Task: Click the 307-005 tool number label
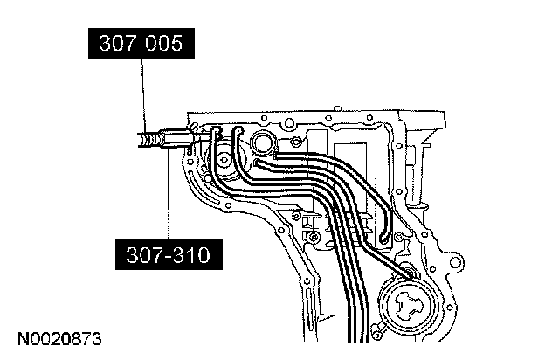(x=140, y=44)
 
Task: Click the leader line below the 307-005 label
(x=141, y=96)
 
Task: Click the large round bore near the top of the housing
(x=262, y=142)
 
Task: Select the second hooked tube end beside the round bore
(x=238, y=133)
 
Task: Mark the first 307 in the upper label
(x=114, y=44)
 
